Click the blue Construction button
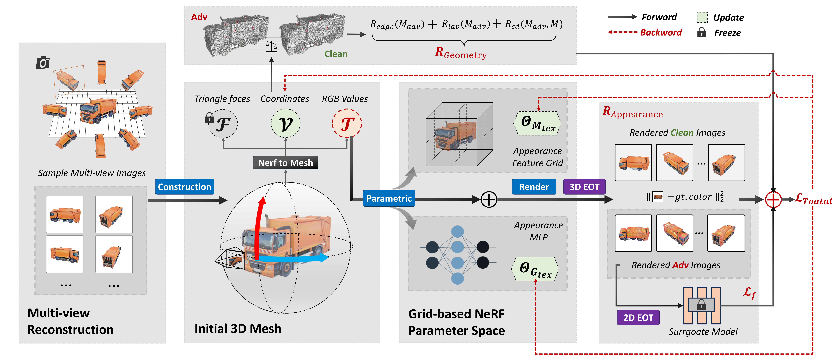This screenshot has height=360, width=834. [184, 187]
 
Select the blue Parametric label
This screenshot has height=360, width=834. [389, 198]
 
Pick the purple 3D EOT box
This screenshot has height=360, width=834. [584, 187]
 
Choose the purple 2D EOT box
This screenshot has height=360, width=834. [638, 318]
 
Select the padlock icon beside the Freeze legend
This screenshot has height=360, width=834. [701, 32]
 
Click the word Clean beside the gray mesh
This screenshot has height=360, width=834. [336, 54]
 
